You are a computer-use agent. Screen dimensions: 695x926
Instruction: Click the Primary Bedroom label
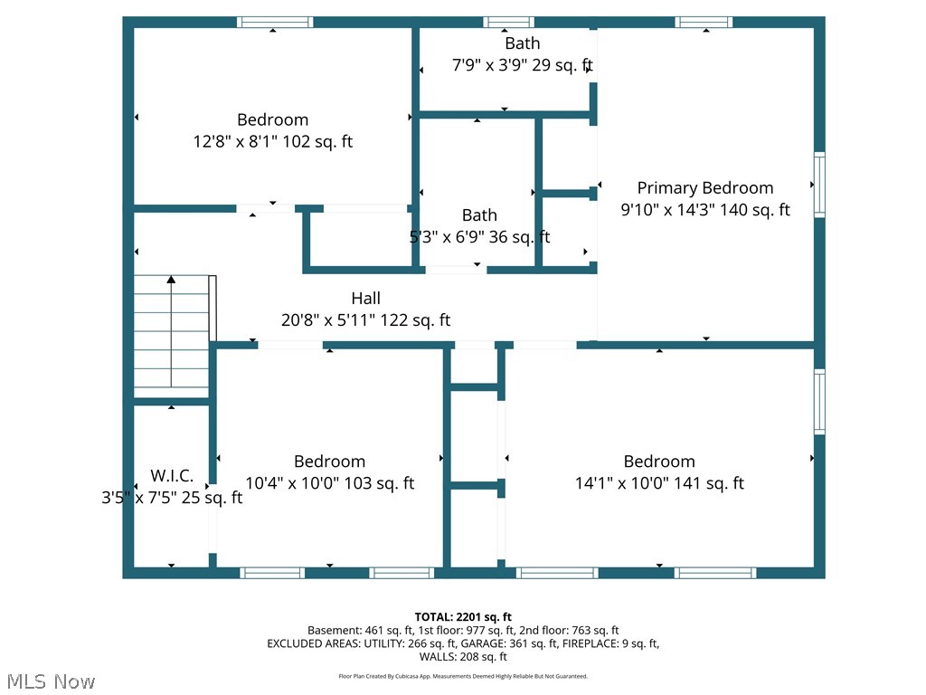[x=705, y=188]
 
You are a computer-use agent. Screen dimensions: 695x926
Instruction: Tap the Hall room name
[x=365, y=298]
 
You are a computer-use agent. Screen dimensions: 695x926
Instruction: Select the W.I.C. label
[x=172, y=475]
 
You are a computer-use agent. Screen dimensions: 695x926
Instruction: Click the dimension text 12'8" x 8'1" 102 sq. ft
[x=272, y=141]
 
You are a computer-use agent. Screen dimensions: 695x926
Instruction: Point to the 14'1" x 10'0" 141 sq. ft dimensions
[x=658, y=483]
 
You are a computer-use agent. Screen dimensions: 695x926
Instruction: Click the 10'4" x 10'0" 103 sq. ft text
[x=329, y=483]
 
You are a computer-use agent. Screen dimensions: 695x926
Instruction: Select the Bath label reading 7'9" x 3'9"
[x=522, y=43]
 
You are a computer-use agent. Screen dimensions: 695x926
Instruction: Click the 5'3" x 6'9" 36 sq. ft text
[x=479, y=237]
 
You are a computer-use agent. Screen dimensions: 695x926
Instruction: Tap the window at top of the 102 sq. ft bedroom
[x=275, y=22]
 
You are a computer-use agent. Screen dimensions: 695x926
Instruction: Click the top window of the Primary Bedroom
[x=704, y=22]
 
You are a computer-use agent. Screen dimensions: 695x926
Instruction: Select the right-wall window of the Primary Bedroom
[x=819, y=185]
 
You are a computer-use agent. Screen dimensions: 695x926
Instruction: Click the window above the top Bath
[x=508, y=22]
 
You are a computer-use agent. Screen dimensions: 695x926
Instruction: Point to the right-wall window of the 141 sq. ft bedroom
[x=819, y=401]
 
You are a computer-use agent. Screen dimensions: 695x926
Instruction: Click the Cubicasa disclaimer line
[x=462, y=676]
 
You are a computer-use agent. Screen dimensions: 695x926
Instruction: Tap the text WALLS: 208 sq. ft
[x=462, y=657]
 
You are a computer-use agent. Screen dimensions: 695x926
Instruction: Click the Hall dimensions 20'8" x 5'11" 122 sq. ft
[x=365, y=319]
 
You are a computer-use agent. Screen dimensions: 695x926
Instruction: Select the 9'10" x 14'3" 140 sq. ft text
[x=705, y=210]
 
